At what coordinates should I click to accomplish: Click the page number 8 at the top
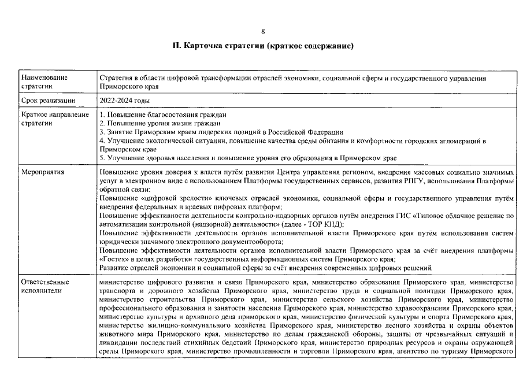(x=263, y=31)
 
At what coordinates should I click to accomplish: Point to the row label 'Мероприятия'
(x=43, y=172)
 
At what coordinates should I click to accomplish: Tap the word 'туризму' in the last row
(x=466, y=350)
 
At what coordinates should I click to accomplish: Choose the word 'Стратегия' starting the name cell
(x=117, y=77)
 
